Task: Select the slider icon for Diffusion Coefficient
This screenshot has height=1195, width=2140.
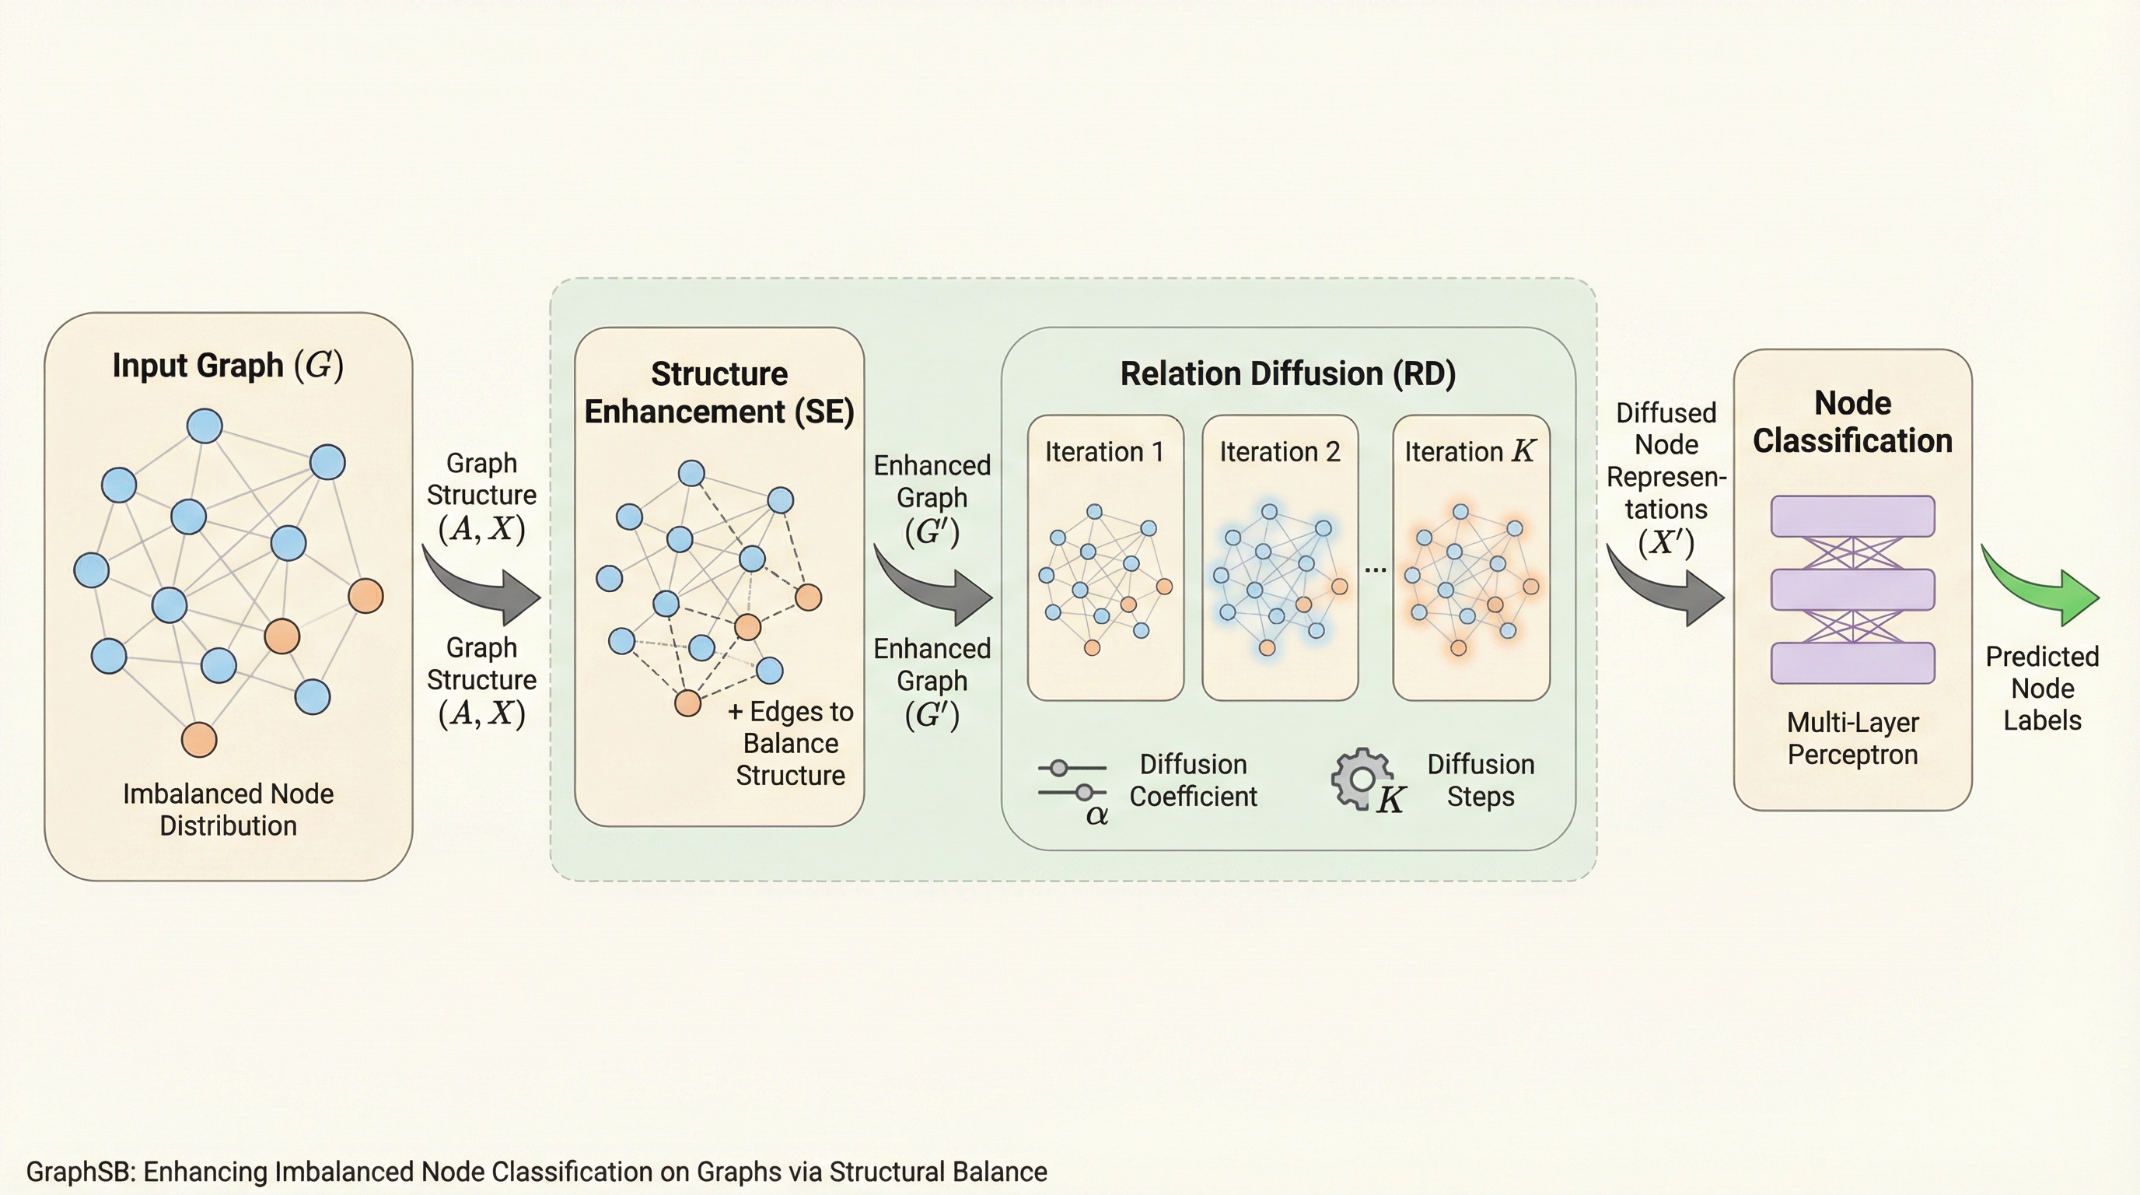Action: click(x=1072, y=780)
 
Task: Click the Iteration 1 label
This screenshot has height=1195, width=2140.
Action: click(x=1104, y=452)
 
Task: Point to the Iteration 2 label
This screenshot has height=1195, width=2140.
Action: click(x=1279, y=452)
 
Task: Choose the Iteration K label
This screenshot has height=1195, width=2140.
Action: click(x=1470, y=452)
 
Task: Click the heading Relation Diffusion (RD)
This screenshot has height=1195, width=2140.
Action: click(x=1288, y=374)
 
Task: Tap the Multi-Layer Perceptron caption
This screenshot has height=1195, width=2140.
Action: click(x=1852, y=739)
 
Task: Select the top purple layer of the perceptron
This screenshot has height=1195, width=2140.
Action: click(x=1852, y=517)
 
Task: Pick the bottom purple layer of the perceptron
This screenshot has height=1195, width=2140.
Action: click(x=1852, y=663)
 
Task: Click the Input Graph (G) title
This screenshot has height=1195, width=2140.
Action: click(x=228, y=366)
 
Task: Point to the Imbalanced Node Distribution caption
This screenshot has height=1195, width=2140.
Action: click(x=228, y=809)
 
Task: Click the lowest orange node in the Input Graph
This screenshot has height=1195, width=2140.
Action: click(x=199, y=740)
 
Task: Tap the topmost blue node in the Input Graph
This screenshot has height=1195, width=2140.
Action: click(x=205, y=426)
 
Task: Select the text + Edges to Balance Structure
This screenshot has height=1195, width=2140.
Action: click(x=790, y=743)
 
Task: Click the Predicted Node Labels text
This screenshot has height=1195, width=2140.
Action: click(x=2042, y=688)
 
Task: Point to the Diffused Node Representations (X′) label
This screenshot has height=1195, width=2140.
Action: click(x=1666, y=477)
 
